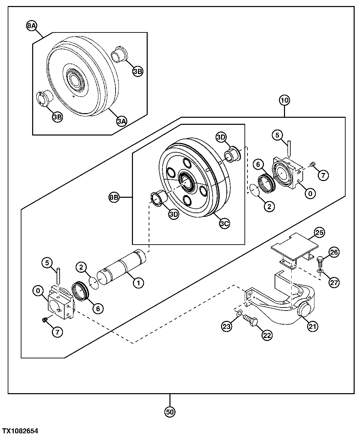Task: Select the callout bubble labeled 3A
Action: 122,121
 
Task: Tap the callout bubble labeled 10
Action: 285,100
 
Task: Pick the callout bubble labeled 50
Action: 170,412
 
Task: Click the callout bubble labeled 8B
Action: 114,198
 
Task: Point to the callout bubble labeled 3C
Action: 225,224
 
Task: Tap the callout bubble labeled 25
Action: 319,232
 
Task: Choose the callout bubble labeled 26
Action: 334,253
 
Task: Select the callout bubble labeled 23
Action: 228,326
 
